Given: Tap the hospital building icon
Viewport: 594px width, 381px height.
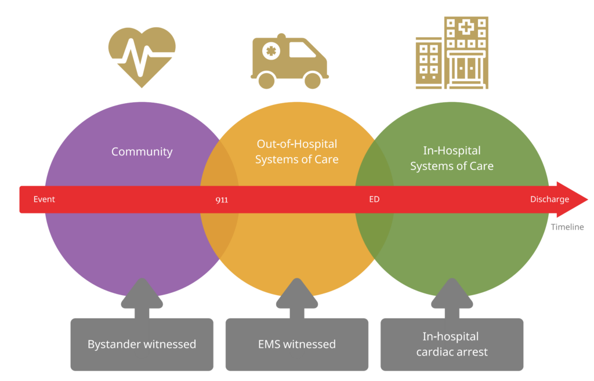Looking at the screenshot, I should [x=452, y=53].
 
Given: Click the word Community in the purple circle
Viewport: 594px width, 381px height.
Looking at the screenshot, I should [x=142, y=152].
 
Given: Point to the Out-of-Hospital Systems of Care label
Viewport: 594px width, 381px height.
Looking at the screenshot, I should [x=296, y=151].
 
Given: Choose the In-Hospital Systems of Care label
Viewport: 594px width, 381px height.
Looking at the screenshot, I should [x=452, y=158].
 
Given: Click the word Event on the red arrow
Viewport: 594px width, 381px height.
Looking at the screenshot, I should [x=44, y=199].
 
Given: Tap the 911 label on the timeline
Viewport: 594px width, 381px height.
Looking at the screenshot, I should [x=222, y=200].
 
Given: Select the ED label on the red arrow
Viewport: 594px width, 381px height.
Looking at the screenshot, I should [x=374, y=199].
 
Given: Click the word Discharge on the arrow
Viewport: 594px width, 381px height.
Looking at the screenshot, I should [x=549, y=199].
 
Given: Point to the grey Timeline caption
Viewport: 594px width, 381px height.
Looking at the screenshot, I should [x=567, y=227].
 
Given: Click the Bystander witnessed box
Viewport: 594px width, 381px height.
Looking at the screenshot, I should [x=142, y=344].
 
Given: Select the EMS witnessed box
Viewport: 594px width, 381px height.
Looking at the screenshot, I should [x=296, y=344].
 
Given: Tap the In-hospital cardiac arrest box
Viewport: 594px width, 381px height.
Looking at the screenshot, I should [x=452, y=344].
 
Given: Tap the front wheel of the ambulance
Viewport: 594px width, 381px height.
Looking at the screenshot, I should [x=313, y=80].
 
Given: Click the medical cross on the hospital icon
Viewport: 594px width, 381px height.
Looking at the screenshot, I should [x=466, y=26].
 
